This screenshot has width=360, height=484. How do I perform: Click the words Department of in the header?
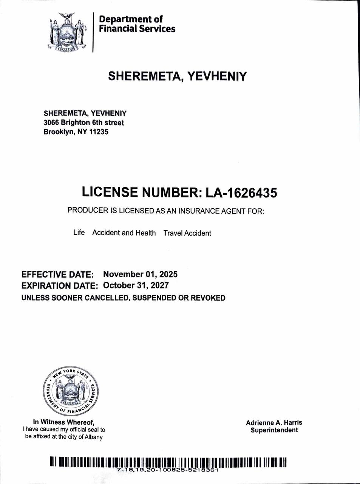click(131, 19)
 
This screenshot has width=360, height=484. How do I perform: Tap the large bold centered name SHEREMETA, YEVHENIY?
click(177, 76)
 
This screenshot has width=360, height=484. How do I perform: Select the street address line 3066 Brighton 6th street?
click(83, 123)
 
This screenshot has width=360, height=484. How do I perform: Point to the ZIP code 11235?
click(99, 132)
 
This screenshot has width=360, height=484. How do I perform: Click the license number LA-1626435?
click(241, 192)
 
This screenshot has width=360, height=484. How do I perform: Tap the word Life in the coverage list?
click(79, 233)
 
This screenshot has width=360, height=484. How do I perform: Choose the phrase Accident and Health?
click(124, 233)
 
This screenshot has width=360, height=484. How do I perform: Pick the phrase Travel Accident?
click(187, 233)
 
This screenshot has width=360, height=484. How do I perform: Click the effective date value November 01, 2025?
click(140, 274)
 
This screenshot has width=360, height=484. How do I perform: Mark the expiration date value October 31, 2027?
click(136, 285)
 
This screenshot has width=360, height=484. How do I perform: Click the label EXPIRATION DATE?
click(60, 286)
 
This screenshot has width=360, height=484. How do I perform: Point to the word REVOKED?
click(208, 298)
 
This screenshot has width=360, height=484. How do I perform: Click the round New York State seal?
click(70, 391)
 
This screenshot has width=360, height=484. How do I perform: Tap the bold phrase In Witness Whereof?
click(63, 422)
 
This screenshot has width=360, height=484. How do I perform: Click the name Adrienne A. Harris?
click(274, 423)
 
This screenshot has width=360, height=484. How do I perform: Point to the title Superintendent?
click(274, 430)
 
